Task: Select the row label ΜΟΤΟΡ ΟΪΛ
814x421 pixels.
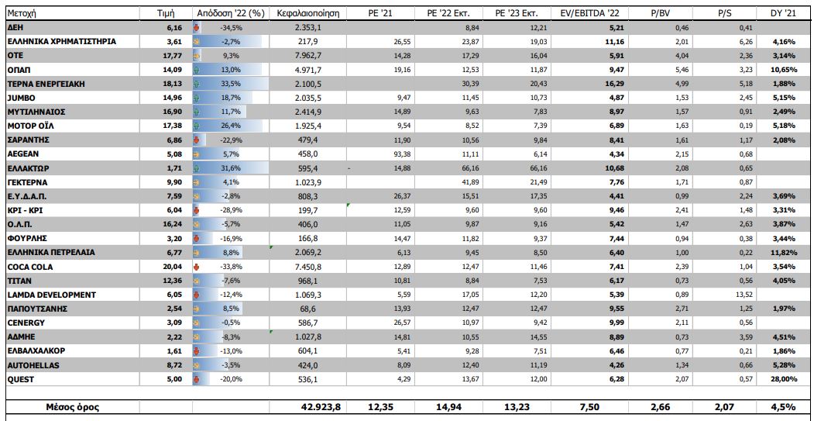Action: tap(30, 125)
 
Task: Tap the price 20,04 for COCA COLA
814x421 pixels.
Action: tap(172, 266)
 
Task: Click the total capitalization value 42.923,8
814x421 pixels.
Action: tap(314, 406)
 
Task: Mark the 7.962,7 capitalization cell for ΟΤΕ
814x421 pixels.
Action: tap(314, 55)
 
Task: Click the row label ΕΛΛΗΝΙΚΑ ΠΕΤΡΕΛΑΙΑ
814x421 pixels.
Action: tap(51, 252)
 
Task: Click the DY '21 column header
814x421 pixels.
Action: tap(782, 14)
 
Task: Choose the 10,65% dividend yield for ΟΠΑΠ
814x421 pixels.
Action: tap(783, 69)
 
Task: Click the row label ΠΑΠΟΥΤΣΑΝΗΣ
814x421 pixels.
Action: tap(36, 309)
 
